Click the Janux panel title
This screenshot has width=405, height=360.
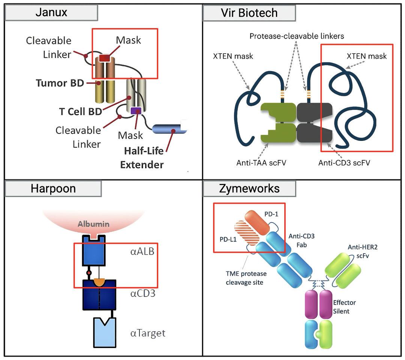[51, 12]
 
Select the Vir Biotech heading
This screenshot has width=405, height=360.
[249, 13]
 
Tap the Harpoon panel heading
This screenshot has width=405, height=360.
[53, 188]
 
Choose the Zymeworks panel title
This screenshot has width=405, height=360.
[249, 188]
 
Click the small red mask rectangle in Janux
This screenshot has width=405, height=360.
[104, 58]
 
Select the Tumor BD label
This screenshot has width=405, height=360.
[60, 83]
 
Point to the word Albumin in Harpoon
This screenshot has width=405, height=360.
[94, 224]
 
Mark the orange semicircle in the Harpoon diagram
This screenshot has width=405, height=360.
[99, 282]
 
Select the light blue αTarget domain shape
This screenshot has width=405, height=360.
[105, 332]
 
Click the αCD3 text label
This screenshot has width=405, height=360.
[142, 293]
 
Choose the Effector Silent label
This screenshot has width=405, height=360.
[344, 306]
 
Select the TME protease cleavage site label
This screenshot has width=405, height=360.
[244, 278]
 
